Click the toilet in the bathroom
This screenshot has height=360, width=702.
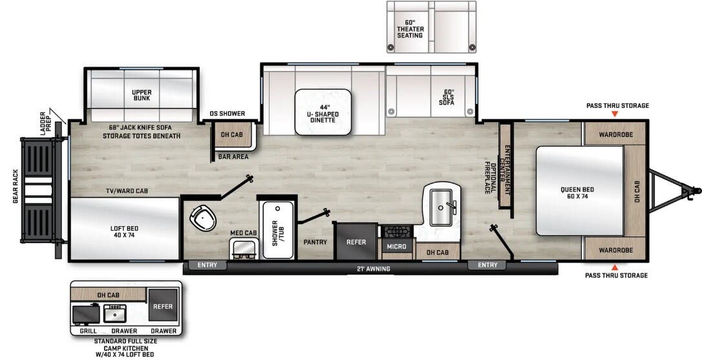(202, 218)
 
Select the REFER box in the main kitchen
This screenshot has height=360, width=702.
(356, 242)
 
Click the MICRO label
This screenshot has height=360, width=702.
(396, 246)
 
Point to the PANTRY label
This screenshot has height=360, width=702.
(315, 242)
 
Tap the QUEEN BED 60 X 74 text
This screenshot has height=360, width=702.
(577, 193)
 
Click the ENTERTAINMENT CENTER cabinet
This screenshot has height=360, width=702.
(506, 165)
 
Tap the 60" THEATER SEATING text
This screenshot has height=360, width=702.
(409, 29)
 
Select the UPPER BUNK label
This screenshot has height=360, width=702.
(141, 95)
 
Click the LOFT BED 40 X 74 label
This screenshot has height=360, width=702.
(125, 232)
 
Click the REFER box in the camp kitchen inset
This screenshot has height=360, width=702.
(162, 306)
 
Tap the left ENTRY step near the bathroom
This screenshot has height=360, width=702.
(207, 265)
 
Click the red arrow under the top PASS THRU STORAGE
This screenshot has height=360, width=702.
(615, 114)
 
